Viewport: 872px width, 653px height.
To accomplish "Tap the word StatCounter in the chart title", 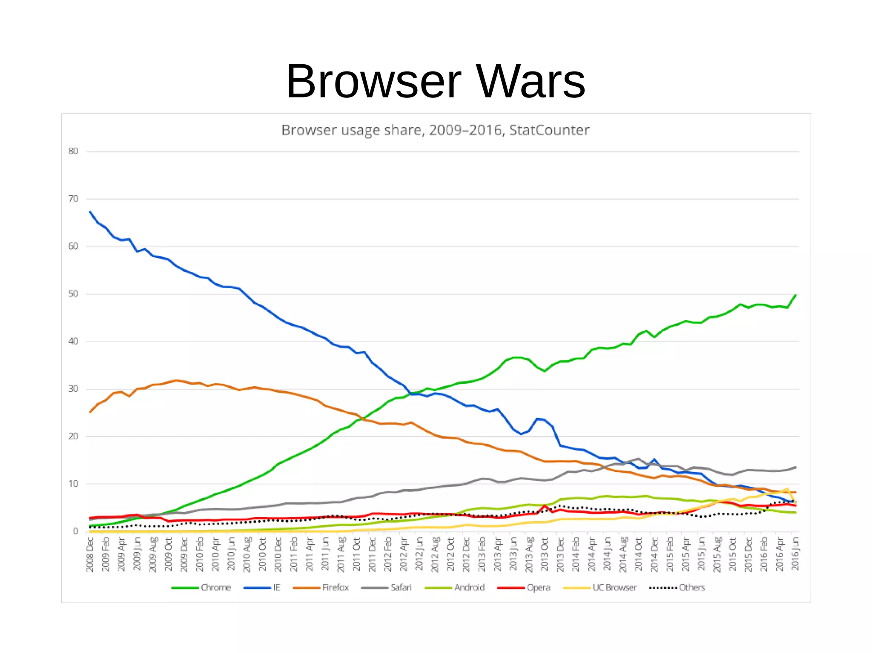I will pyautogui.click(x=549, y=130).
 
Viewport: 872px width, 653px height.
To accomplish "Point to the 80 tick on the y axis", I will pyautogui.click(x=73, y=151).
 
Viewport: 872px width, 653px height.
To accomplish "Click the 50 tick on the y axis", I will pyautogui.click(x=73, y=294).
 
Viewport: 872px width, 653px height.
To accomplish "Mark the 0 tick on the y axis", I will pyautogui.click(x=75, y=531).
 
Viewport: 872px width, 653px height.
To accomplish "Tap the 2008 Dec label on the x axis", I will pyautogui.click(x=90, y=554).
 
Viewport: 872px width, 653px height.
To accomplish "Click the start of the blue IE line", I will pyautogui.click(x=90, y=212).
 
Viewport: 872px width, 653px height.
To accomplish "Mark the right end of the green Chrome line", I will pyautogui.click(x=795, y=295).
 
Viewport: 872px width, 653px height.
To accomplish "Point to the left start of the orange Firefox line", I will pyautogui.click(x=90, y=412).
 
